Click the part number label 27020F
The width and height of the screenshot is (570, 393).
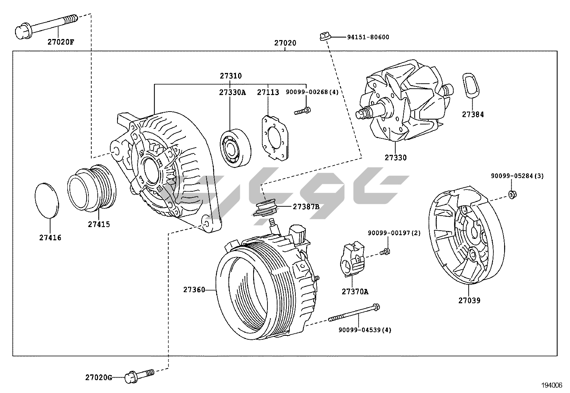point(61,42)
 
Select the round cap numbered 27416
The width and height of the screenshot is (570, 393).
point(47,200)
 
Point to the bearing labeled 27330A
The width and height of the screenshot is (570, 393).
point(235,147)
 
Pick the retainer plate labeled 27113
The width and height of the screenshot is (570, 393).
point(274,137)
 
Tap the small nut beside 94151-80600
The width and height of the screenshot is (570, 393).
point(324,36)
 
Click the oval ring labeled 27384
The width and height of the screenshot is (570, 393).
point(470,85)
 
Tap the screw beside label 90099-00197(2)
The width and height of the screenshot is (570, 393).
point(385,251)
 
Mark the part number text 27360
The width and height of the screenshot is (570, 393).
point(194,290)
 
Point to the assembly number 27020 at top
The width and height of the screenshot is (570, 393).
point(285,43)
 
